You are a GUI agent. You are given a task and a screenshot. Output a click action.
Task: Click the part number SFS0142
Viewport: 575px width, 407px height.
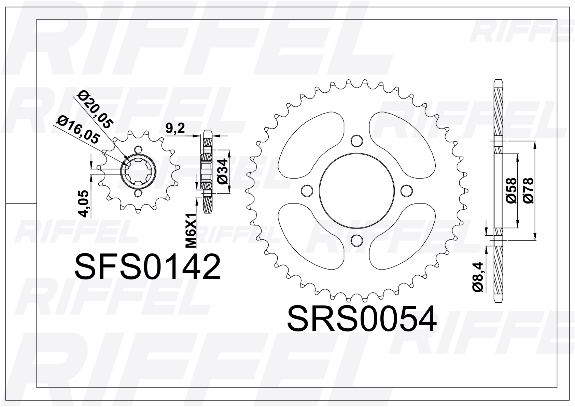pos(148,267)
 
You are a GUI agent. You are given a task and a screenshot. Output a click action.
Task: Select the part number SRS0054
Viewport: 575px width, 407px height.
pos(362,318)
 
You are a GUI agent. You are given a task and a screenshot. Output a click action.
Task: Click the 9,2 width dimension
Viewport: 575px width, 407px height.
pos(175,128)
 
